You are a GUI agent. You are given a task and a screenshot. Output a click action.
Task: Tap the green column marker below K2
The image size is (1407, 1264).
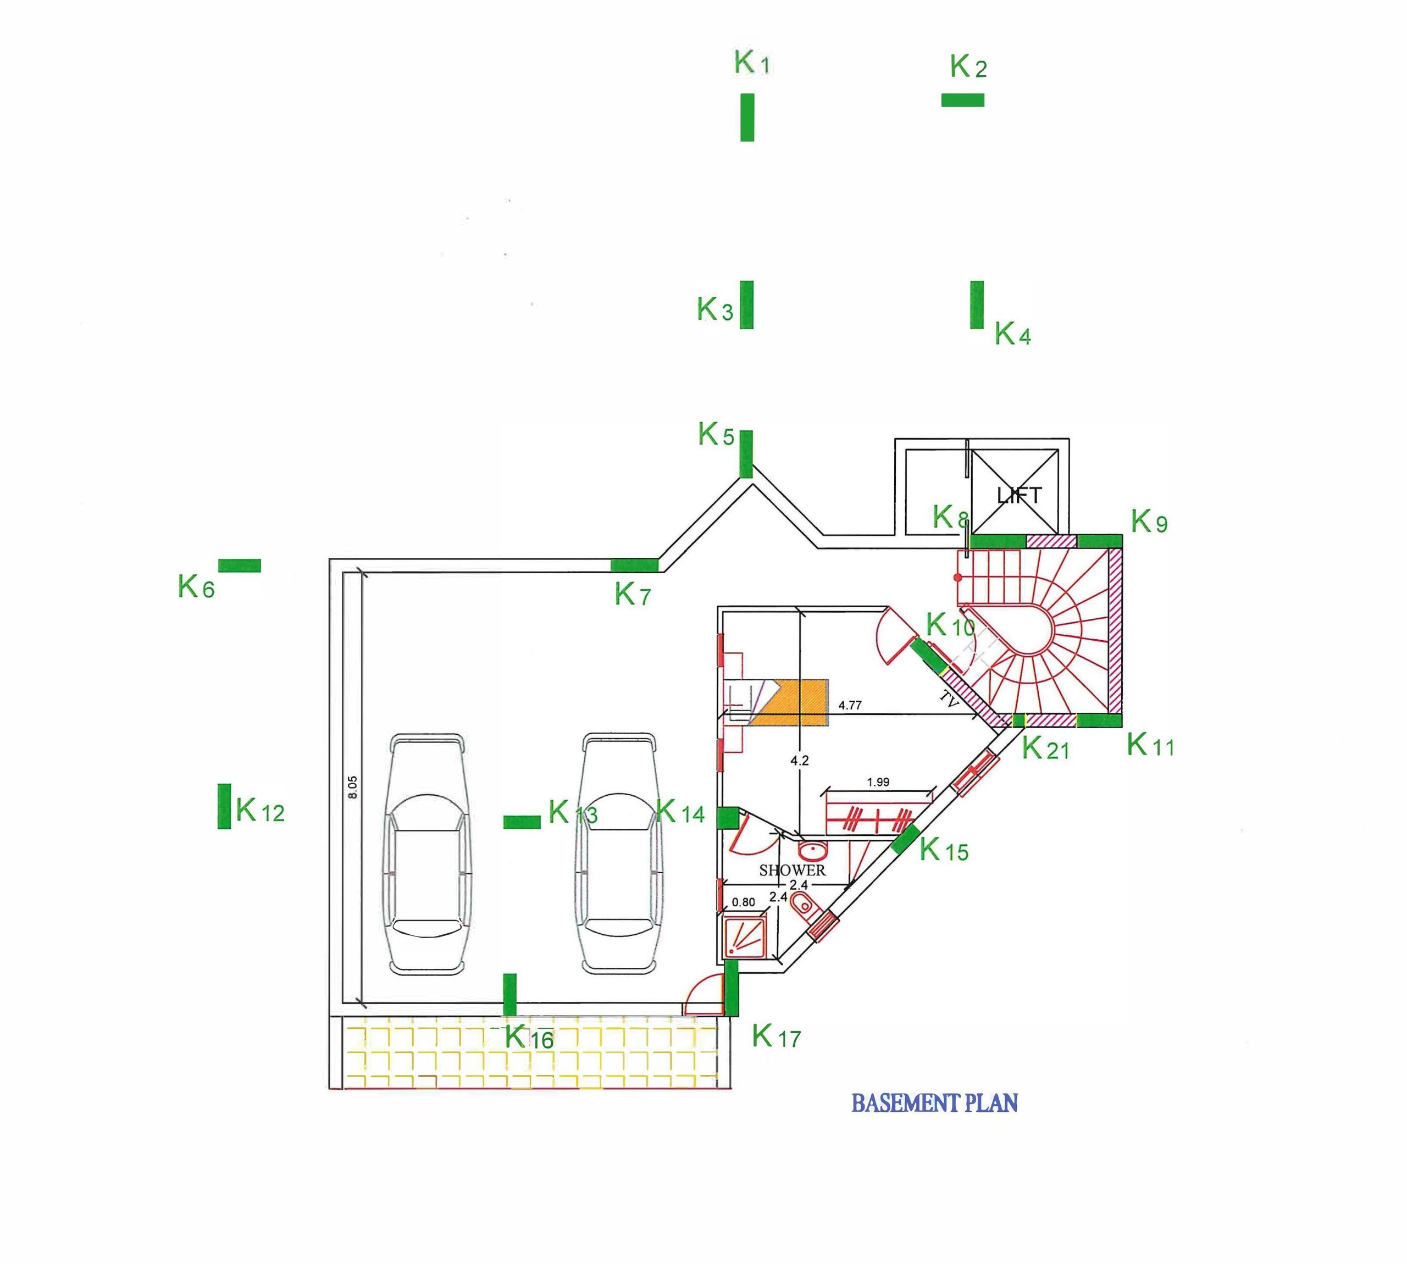click(962, 100)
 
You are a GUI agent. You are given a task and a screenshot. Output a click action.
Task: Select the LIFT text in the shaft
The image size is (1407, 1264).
click(1020, 495)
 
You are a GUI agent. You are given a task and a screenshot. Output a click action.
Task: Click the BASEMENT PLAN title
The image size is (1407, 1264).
click(934, 1103)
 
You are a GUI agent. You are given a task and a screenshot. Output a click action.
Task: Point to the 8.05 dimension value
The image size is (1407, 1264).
click(352, 787)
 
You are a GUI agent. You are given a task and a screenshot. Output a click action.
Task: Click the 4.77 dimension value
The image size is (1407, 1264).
click(850, 705)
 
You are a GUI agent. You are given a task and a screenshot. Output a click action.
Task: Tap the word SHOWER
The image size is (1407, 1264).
click(793, 870)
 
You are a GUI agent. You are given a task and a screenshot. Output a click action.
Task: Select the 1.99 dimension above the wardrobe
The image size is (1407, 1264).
click(878, 782)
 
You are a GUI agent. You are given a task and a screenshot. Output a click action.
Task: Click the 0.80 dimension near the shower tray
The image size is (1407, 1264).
click(744, 902)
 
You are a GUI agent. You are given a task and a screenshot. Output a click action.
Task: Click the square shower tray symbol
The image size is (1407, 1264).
click(745, 935)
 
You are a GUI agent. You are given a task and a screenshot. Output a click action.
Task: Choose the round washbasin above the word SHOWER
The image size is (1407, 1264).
click(811, 850)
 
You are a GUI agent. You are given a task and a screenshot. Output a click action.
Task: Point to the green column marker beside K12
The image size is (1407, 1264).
click(224, 806)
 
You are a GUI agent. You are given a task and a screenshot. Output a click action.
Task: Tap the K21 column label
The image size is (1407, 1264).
click(1046, 748)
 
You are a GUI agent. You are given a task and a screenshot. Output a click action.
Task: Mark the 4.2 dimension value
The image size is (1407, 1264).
click(799, 761)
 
